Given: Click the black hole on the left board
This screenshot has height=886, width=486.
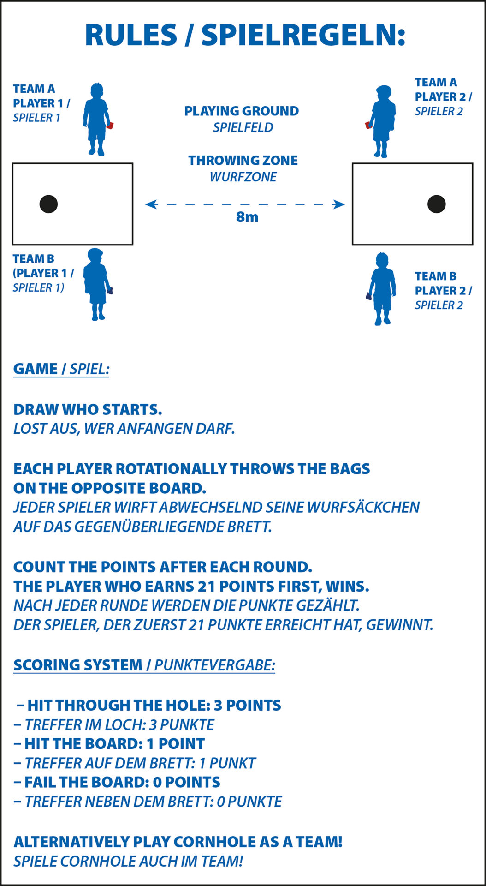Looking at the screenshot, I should (48, 204).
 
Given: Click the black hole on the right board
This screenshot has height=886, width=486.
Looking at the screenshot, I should (436, 204).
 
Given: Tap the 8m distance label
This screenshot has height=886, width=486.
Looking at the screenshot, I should (247, 217).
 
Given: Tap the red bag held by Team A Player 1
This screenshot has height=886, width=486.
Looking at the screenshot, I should (110, 125).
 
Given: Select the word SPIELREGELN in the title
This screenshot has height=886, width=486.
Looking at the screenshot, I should (303, 35).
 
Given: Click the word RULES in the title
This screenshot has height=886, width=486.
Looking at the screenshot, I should (131, 35).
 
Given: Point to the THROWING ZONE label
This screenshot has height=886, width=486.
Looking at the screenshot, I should (243, 161).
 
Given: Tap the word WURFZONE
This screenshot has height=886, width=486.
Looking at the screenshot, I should (243, 177).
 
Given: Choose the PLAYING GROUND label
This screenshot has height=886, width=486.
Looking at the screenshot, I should (242, 111).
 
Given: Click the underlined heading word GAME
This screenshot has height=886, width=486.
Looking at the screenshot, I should (36, 369).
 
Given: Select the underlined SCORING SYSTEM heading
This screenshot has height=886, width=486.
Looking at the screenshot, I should (78, 665).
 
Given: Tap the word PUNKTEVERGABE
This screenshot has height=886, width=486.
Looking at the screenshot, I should (214, 665).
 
